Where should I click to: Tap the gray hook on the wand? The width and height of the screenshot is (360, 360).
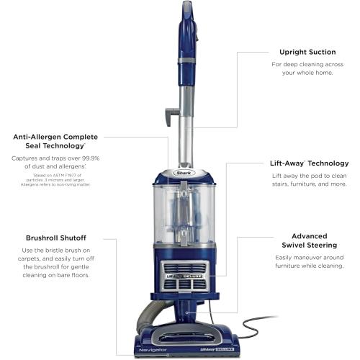[x=171, y=113]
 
